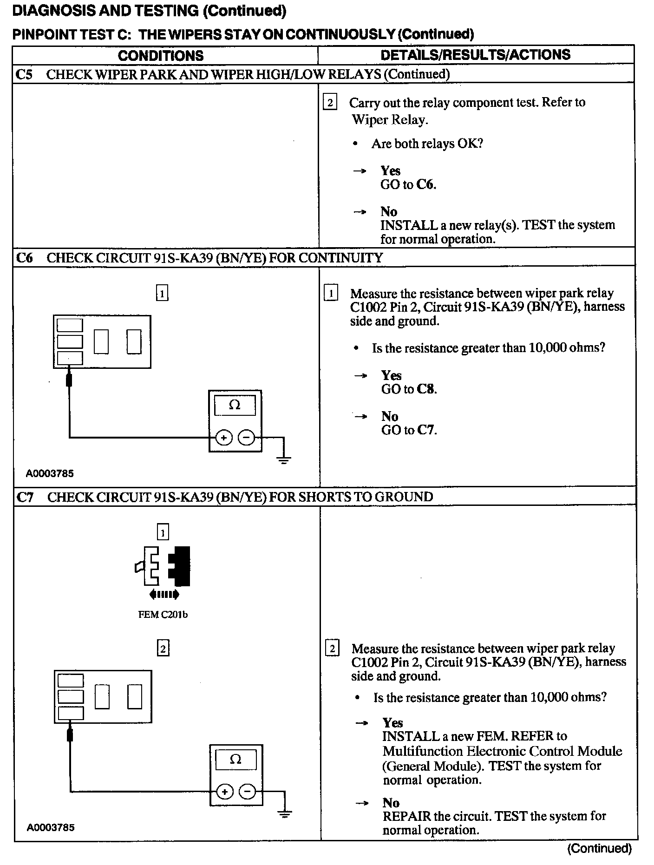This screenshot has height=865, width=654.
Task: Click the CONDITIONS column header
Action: pyautogui.click(x=161, y=56)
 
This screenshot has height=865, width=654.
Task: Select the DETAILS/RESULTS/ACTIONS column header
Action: pyautogui.click(x=475, y=55)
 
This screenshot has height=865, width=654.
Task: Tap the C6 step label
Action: pyautogui.click(x=24, y=258)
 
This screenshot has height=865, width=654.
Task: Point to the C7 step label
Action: pyautogui.click(x=25, y=497)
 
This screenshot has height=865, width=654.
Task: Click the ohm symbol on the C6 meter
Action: pyautogui.click(x=235, y=405)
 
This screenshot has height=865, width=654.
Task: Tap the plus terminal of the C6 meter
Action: pyautogui.click(x=224, y=438)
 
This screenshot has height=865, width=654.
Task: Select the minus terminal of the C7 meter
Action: pyautogui.click(x=247, y=792)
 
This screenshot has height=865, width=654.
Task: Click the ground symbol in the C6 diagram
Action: pyautogui.click(x=284, y=460)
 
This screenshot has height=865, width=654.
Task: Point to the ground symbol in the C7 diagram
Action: pyautogui.click(x=285, y=814)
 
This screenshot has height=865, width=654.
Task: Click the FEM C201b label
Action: pyautogui.click(x=163, y=615)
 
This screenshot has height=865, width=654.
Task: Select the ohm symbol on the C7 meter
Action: pyautogui.click(x=235, y=759)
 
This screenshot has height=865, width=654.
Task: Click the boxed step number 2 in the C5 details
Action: pyautogui.click(x=330, y=102)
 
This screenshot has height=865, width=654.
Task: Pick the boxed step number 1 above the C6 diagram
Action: pyautogui.click(x=162, y=294)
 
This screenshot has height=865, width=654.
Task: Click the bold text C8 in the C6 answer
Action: pyautogui.click(x=426, y=389)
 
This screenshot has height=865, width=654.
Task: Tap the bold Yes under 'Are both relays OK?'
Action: pyautogui.click(x=391, y=170)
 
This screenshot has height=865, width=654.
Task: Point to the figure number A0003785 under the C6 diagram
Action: pyautogui.click(x=50, y=474)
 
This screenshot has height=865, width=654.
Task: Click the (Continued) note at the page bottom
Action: pyautogui.click(x=599, y=849)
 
